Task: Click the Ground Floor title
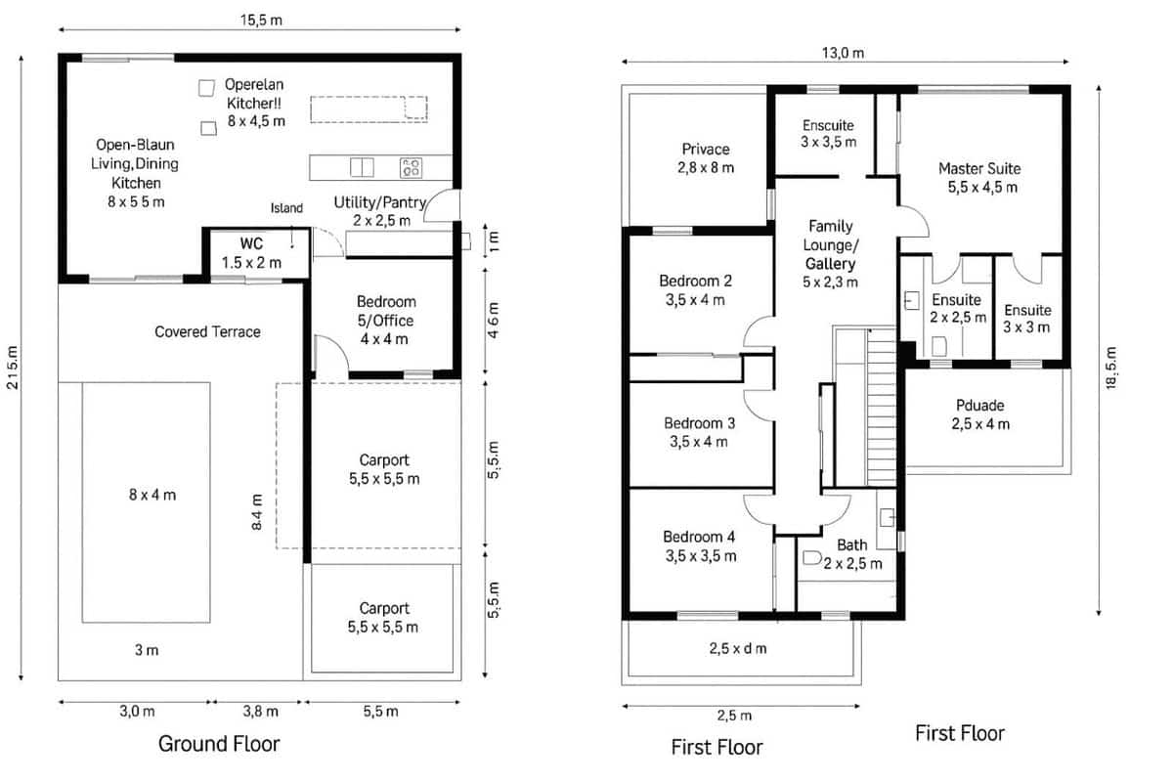219,744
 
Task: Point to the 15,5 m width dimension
261,21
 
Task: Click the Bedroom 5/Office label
385,320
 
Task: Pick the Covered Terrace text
207,331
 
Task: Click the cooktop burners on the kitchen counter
412,168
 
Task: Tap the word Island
286,208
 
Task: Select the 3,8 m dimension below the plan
259,712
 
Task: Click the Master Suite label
978,177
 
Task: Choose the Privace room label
705,158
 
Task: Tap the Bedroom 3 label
699,432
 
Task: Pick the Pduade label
981,414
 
